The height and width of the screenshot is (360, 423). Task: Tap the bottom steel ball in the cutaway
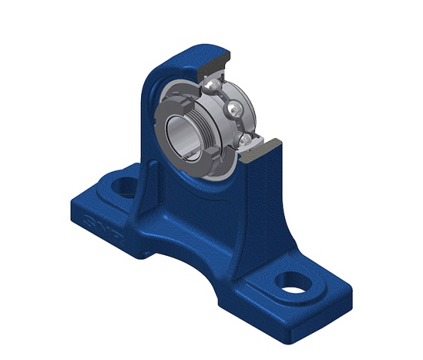pyautogui.click(x=244, y=140)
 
